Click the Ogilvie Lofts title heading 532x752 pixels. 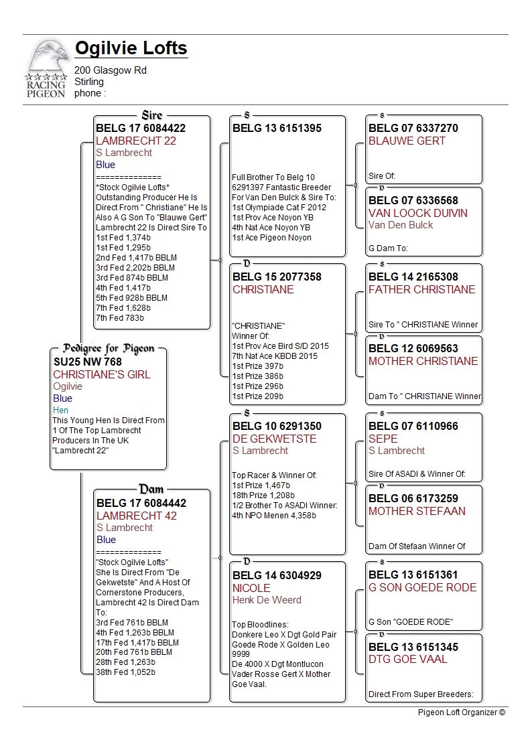[x=131, y=49]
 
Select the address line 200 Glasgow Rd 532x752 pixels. [x=111, y=70]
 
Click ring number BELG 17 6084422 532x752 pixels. [x=141, y=129]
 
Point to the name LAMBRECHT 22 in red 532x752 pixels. [x=136, y=141]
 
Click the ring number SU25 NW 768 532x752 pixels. [x=88, y=362]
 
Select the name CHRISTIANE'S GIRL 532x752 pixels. [x=102, y=374]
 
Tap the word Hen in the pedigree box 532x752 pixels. [x=61, y=410]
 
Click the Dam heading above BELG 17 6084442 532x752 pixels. [x=151, y=490]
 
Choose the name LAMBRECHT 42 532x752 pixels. [x=137, y=516]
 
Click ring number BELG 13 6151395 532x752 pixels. [x=277, y=129]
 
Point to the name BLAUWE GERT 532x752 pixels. [x=407, y=141]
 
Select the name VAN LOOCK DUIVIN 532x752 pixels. [x=418, y=213]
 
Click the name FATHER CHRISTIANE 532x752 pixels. [x=421, y=289]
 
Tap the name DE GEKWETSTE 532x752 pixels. [x=274, y=439]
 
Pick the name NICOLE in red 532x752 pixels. [x=251, y=588]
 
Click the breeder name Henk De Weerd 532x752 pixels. [x=267, y=600]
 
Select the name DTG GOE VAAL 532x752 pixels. [x=407, y=659]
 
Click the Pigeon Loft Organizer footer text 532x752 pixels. [x=461, y=712]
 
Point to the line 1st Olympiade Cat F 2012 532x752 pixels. [x=279, y=208]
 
